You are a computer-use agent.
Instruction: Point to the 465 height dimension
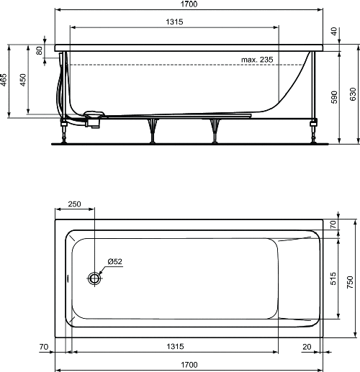pos(4,78)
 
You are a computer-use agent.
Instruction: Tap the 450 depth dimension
pos(23,80)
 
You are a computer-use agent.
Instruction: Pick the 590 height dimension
pos(333,98)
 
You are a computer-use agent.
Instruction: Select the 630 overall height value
pos(353,94)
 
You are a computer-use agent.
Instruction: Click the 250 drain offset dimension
pos(74,204)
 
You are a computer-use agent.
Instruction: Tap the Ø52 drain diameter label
pos(115,260)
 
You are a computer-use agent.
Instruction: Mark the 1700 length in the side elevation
pos(189,4)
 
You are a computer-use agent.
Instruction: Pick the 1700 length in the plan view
pos(189,366)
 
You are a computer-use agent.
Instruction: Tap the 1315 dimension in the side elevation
pos(174,22)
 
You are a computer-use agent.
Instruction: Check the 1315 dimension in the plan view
pos(174,347)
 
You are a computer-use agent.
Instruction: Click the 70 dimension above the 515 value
pos(333,224)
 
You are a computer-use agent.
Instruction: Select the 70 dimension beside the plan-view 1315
pos(44,347)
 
